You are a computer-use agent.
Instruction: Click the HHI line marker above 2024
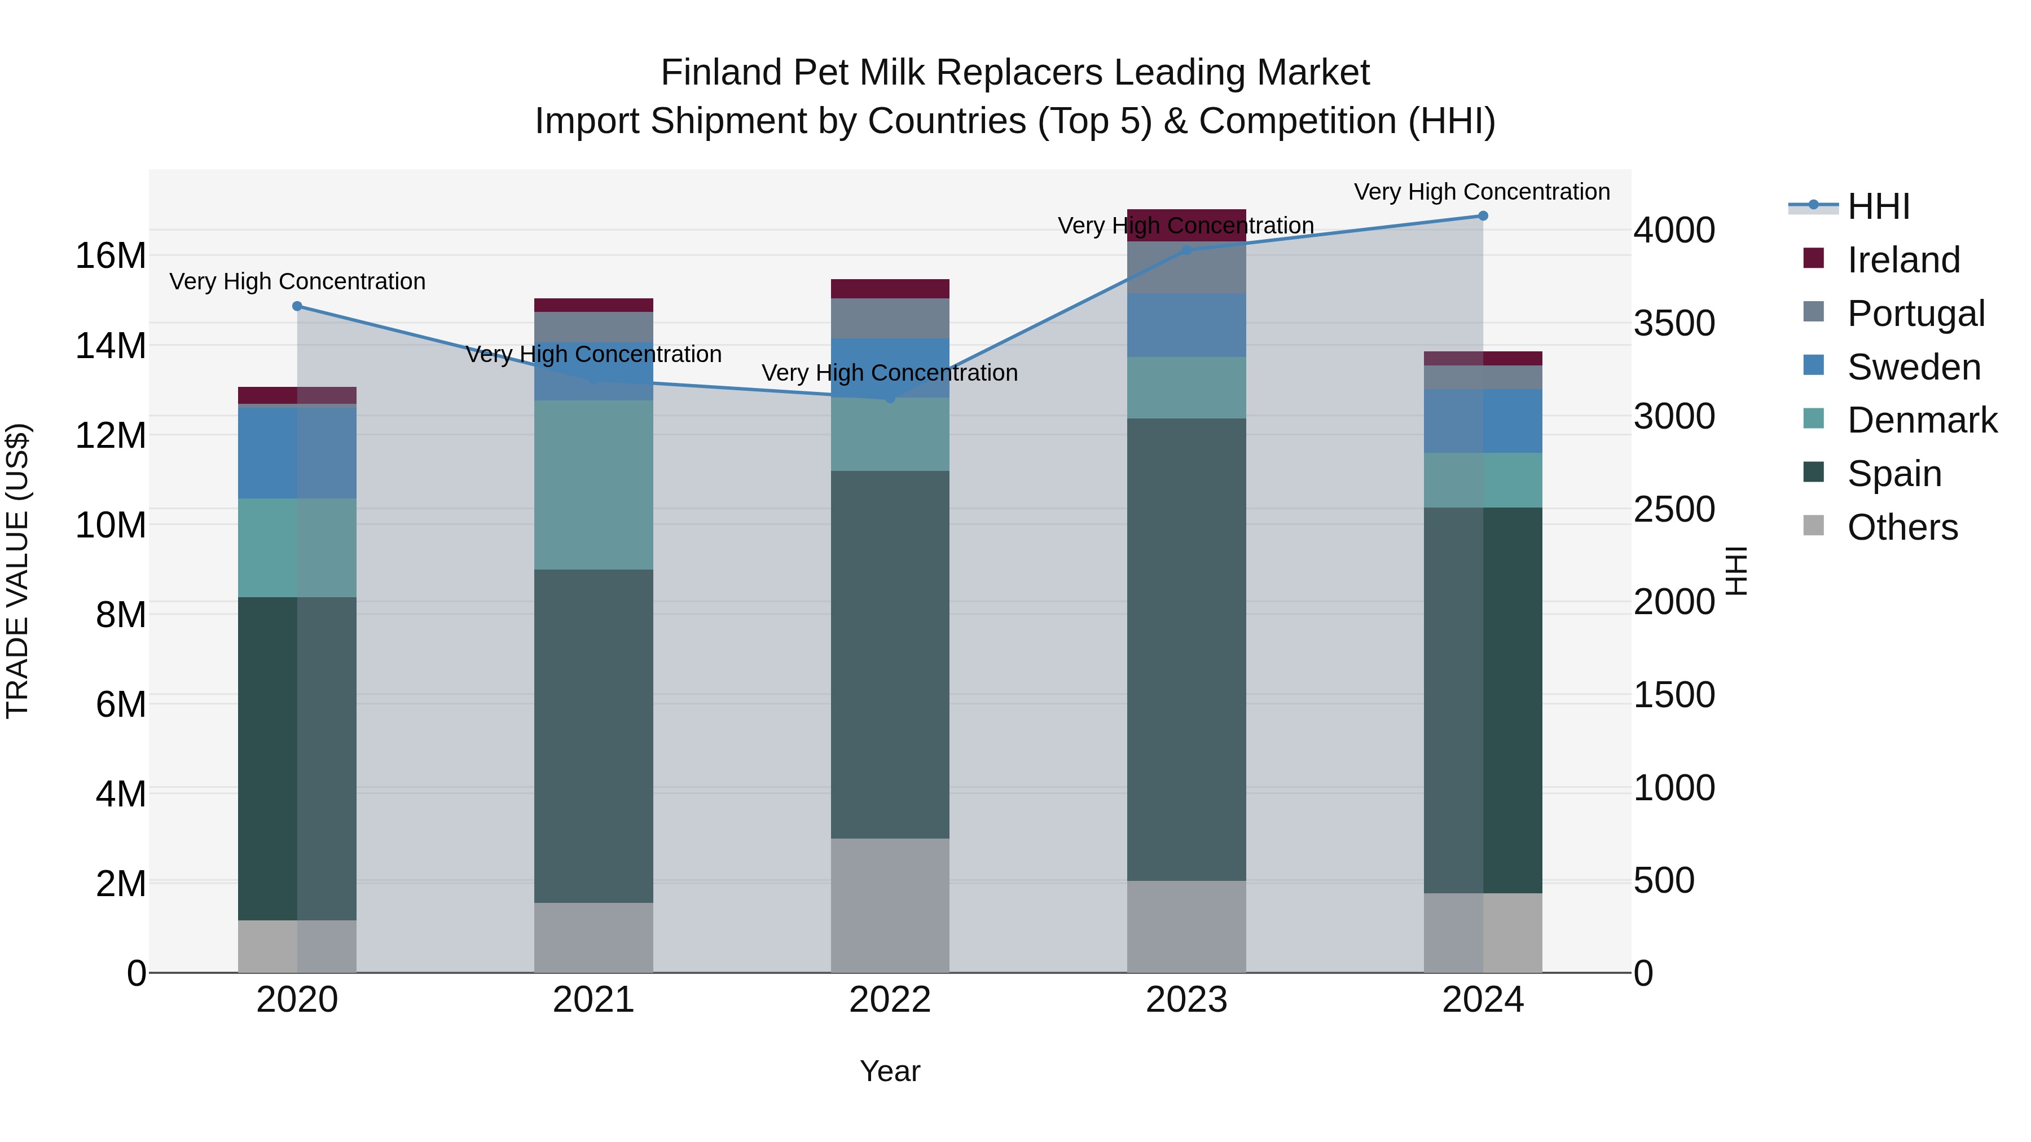1482,216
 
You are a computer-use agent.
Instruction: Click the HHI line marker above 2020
297,307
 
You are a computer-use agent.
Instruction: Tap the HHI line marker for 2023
1186,250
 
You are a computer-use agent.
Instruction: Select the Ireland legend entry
1902,260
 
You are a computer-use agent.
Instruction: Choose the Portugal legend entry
1915,314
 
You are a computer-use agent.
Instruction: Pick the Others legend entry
1902,527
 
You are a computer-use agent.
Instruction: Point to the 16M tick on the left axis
111,256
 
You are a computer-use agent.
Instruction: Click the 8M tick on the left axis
121,615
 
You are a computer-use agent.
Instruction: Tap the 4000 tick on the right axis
1674,230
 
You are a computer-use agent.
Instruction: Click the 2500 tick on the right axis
1674,509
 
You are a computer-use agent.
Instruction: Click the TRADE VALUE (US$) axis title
18,571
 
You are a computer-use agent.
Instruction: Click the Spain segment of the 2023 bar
1186,650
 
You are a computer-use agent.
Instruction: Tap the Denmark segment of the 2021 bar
594,484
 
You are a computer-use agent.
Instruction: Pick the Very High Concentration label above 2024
1482,192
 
